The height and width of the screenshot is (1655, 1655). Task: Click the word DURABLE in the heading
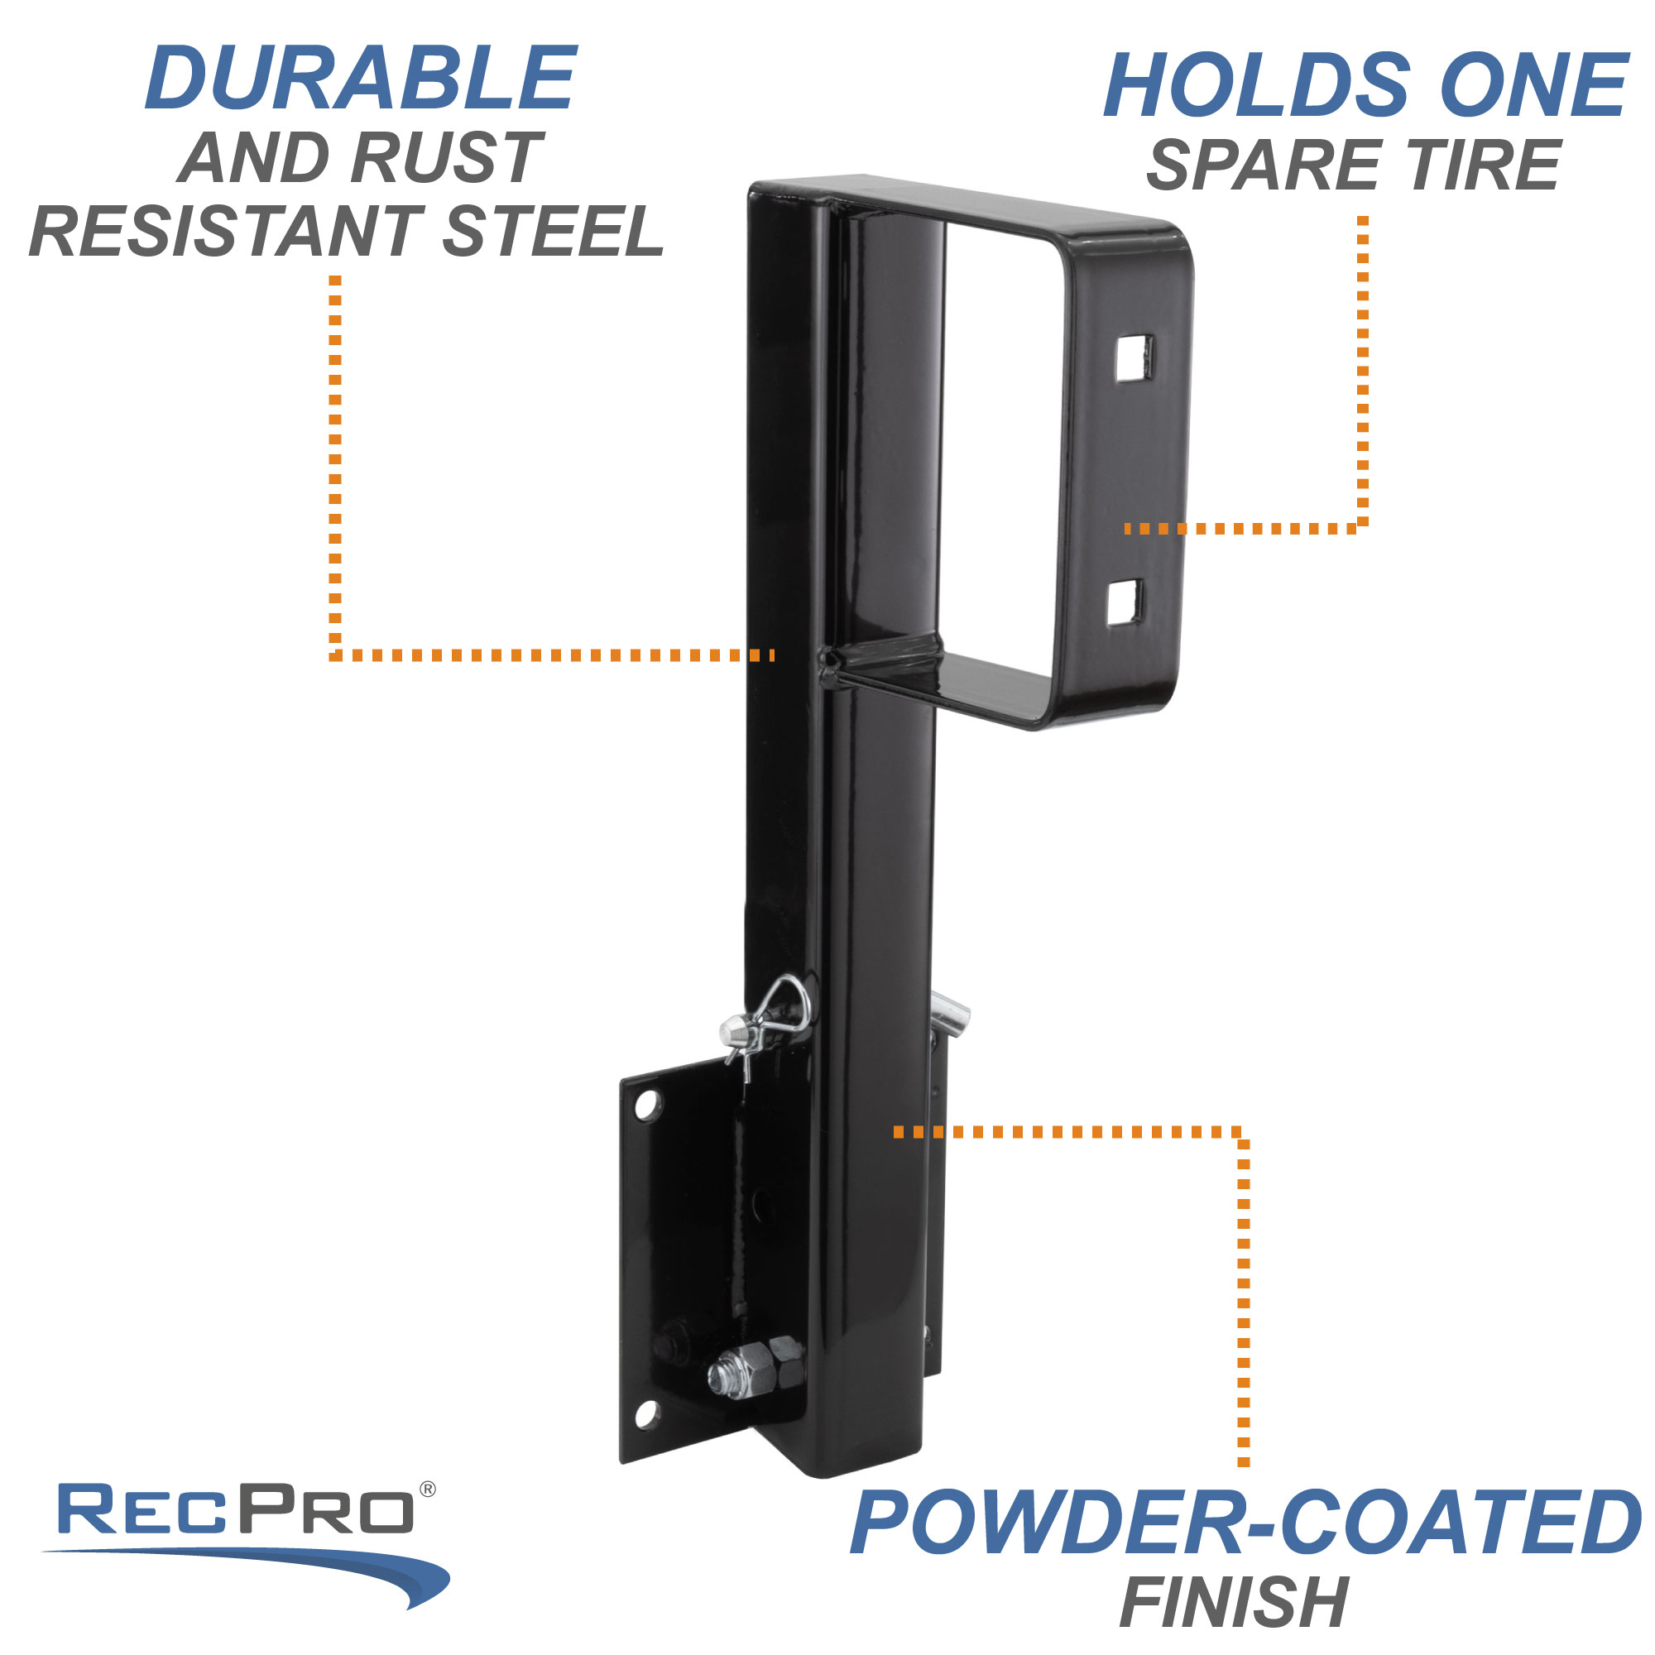[361, 79]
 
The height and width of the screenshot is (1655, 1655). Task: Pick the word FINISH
[1235, 1601]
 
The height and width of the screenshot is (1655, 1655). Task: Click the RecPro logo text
[236, 1510]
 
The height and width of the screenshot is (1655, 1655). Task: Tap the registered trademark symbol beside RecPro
[428, 1489]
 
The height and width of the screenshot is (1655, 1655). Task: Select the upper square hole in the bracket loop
[1133, 358]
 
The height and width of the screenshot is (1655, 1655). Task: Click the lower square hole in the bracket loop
[1124, 602]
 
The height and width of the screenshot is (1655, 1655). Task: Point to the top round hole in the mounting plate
[648, 1105]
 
